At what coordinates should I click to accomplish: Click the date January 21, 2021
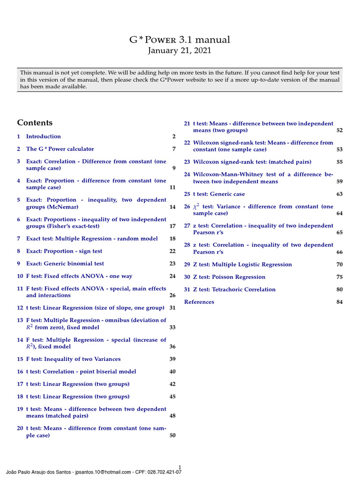tap(180, 51)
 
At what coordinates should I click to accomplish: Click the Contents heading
tap(35, 123)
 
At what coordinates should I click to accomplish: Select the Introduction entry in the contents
tap(43, 136)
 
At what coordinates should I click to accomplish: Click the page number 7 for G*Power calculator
tap(173, 149)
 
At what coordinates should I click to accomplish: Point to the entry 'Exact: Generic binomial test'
tap(65, 263)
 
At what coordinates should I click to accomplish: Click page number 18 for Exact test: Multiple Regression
tap(172, 239)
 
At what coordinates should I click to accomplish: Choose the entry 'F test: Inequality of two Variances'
tap(73, 359)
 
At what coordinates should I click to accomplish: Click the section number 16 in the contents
tap(20, 372)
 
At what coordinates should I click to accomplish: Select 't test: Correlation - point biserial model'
tap(81, 372)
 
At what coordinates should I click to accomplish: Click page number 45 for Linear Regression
tap(172, 397)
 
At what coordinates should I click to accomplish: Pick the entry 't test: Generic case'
tap(219, 194)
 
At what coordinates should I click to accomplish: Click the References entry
tap(199, 302)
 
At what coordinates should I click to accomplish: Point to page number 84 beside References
tap(339, 302)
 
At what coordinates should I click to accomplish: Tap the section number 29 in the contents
tap(187, 264)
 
